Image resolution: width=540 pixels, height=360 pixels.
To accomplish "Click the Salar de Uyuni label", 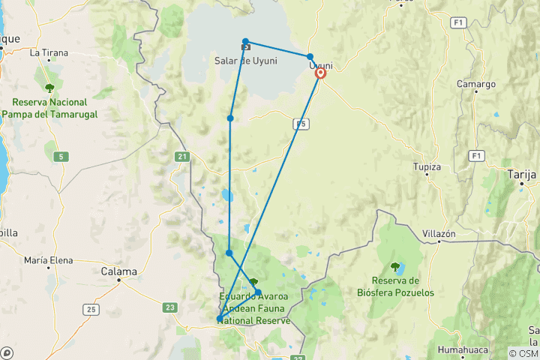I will click(244, 61).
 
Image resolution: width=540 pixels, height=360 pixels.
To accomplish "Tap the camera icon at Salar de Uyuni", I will click(245, 47).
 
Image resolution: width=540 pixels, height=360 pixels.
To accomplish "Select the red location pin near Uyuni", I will click(321, 73).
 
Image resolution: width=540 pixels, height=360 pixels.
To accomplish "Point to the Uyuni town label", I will click(321, 65).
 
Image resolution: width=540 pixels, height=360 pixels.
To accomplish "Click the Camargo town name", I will click(476, 85).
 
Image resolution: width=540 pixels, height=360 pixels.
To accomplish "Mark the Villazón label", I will click(439, 233).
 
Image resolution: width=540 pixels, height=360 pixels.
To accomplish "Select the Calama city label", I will click(120, 271).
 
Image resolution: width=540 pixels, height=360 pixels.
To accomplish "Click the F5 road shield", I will click(302, 124).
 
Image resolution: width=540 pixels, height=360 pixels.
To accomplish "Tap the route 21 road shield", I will click(182, 157).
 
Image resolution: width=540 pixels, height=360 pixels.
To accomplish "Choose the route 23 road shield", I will click(169, 307).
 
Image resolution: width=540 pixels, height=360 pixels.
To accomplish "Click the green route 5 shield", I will click(59, 156).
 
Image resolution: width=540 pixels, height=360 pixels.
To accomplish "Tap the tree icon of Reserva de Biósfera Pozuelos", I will click(395, 266).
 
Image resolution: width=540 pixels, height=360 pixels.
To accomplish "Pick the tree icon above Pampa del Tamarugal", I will click(49, 87).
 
